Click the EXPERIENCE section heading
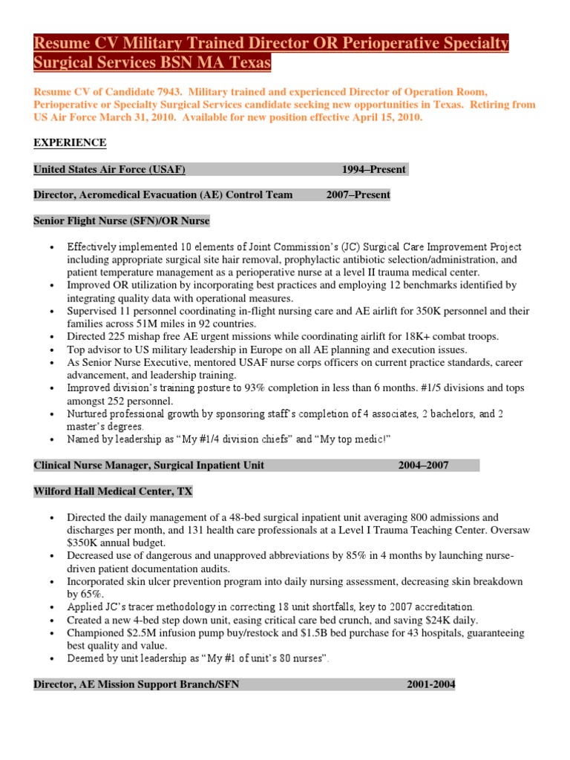click(x=70, y=142)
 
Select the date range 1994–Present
click(x=373, y=169)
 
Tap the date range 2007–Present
click(x=358, y=195)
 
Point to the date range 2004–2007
click(x=423, y=465)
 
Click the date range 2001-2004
click(x=430, y=684)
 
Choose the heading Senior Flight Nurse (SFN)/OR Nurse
click(x=122, y=220)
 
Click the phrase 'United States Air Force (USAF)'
click(x=109, y=169)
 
